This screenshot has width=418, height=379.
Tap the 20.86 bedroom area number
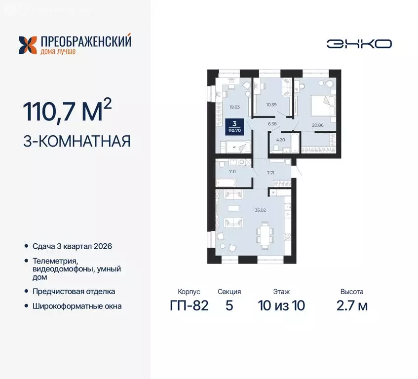coord(317,126)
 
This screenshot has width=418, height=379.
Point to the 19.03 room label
coord(234,106)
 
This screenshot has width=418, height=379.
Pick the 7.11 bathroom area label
coord(232,171)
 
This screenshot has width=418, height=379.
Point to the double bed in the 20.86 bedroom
coord(324,103)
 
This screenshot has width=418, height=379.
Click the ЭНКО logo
coord(359,43)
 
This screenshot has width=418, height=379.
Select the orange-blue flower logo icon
coord(28,44)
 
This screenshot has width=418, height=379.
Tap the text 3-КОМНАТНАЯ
coord(76,142)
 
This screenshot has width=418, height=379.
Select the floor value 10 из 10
coord(281,305)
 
